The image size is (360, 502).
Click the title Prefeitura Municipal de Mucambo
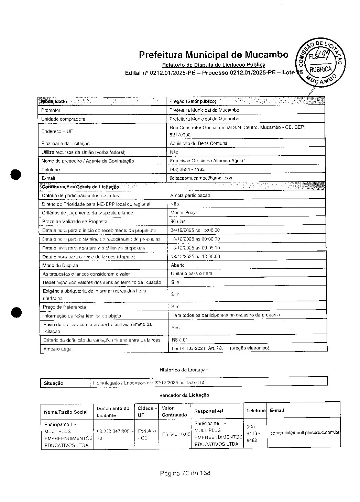[x=214, y=55]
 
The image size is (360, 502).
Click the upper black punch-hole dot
[x=16, y=174]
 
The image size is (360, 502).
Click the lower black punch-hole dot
[x=16, y=312]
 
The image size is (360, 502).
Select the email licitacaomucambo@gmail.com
[x=202, y=178]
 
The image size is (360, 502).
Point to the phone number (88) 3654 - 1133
[x=187, y=169]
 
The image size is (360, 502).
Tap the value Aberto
[x=178, y=265]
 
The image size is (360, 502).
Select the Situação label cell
[x=54, y=383]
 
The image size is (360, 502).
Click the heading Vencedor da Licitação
[x=184, y=395]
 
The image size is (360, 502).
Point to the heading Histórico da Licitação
[x=184, y=370]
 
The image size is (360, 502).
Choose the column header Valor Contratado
[x=174, y=412]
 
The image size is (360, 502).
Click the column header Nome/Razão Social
[x=66, y=412]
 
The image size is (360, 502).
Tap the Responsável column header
[x=208, y=411]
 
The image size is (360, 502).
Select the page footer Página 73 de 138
[x=185, y=473]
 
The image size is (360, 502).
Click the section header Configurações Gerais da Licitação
[x=81, y=187]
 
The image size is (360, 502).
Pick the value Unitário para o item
[x=192, y=274]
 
